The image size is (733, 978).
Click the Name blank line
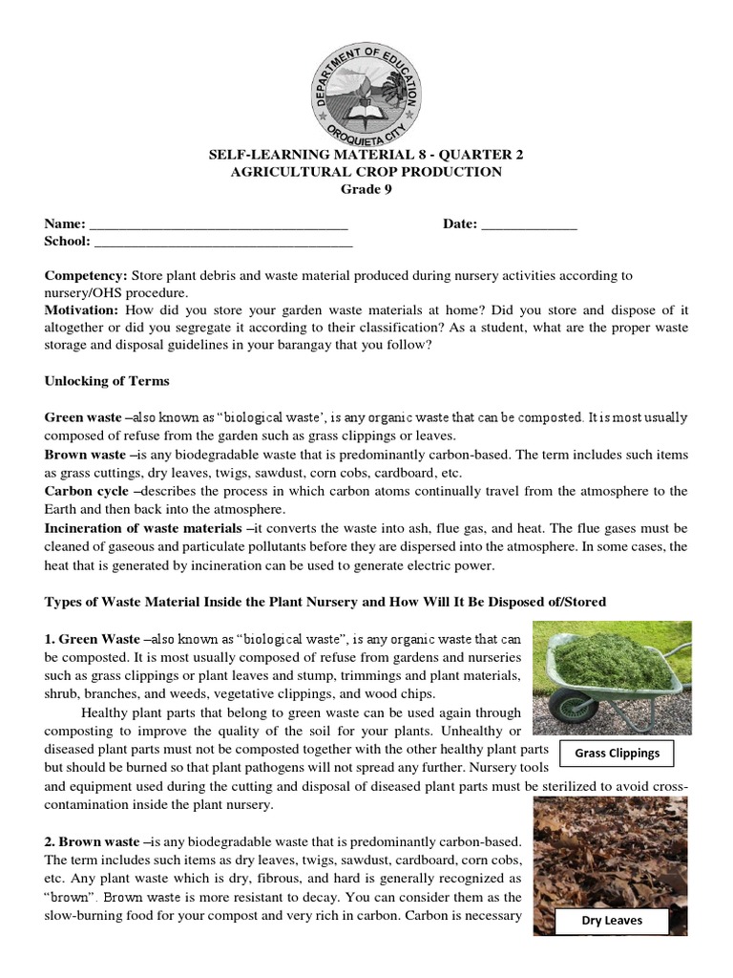pos(218,225)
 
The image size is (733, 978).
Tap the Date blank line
pos(529,225)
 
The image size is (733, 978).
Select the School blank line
pos(220,243)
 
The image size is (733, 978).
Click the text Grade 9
pos(366,188)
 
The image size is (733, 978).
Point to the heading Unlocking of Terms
pos(107,381)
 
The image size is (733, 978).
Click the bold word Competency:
pos(86,275)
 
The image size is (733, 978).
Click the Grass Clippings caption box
pos(617,753)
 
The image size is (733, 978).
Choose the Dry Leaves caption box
pos(612,921)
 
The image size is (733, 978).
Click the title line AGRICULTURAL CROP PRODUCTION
pos(366,172)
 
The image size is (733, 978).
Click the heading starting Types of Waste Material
pos(325,602)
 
